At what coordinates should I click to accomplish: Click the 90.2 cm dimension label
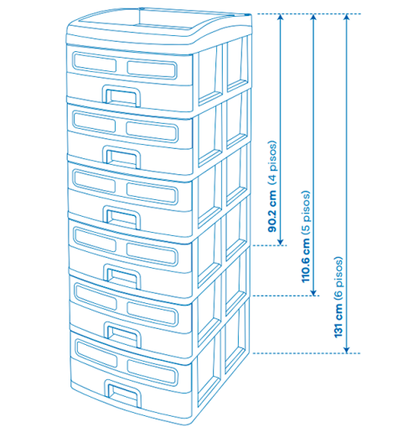click(272, 211)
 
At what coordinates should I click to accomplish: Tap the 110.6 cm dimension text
click(306, 260)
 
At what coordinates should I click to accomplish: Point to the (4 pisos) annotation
click(272, 162)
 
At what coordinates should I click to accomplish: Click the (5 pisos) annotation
click(306, 213)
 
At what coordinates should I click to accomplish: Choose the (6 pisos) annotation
click(339, 278)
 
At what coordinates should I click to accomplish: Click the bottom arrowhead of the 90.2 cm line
click(281, 242)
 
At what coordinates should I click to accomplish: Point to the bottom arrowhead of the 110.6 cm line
click(313, 292)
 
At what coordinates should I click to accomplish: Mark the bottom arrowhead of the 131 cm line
click(346, 349)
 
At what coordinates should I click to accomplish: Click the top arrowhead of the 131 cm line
click(346, 18)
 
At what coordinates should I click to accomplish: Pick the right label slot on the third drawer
click(152, 193)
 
